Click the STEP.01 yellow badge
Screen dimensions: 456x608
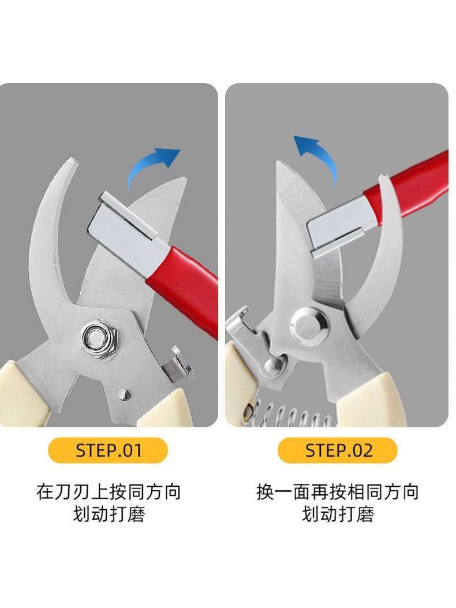pyautogui.click(x=108, y=450)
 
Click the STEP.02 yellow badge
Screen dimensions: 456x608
pyautogui.click(x=338, y=450)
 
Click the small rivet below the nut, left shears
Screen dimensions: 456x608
pyautogui.click(x=124, y=394)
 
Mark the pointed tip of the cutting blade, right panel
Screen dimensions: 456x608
pyautogui.click(x=278, y=162)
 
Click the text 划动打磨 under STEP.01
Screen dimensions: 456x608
pyautogui.click(x=109, y=514)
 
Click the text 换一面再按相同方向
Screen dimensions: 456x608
pyautogui.click(x=337, y=492)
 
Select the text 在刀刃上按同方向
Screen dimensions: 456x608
pyautogui.click(x=109, y=492)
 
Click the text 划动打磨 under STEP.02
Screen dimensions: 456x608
pyautogui.click(x=338, y=514)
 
